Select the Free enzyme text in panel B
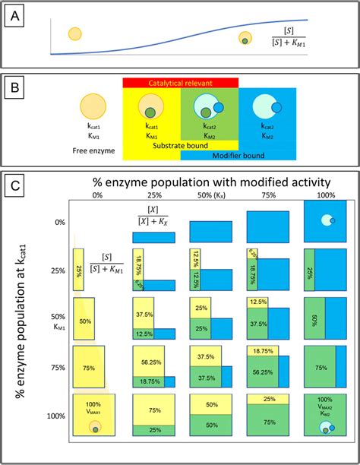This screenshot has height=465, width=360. click(x=96, y=150)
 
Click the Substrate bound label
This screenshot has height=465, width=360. click(x=180, y=144)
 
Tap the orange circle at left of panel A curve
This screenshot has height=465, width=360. click(x=74, y=33)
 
